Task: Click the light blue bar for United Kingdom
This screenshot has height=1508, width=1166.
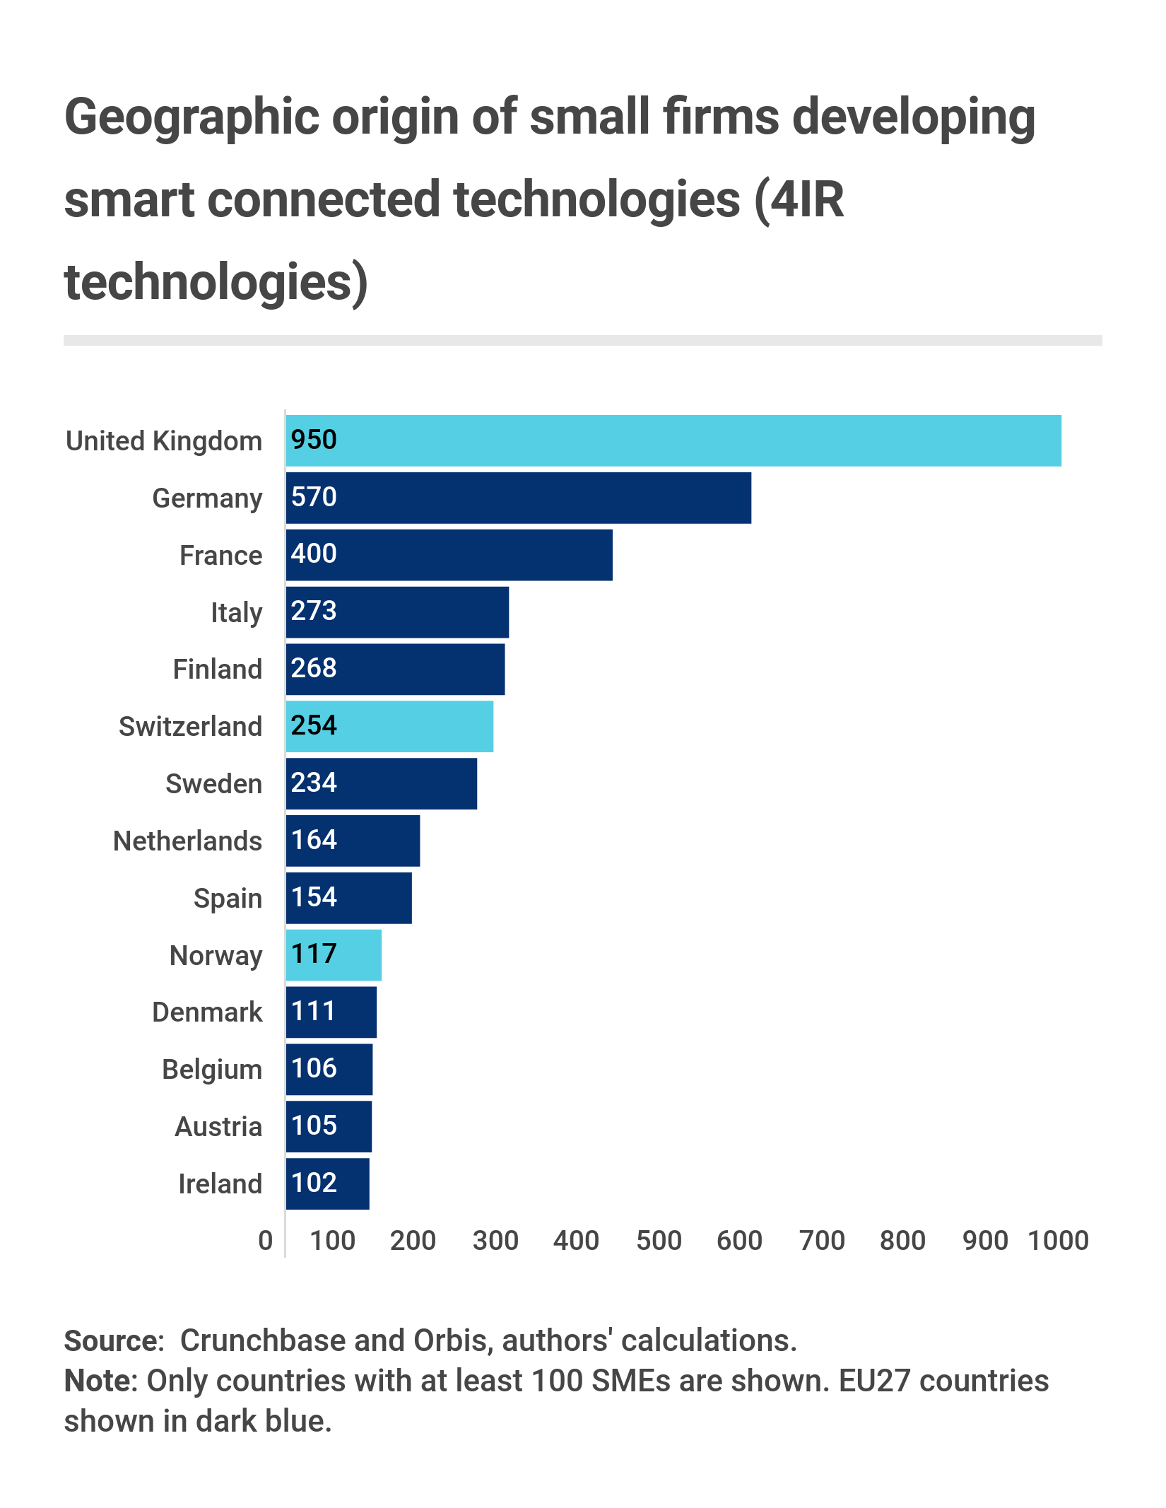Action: tap(673, 440)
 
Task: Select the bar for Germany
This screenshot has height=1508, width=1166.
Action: tap(518, 498)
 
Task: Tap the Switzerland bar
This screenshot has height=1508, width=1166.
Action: tap(389, 726)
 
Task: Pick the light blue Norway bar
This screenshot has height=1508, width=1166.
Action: tap(334, 954)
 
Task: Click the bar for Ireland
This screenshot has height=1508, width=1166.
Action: tap(327, 1183)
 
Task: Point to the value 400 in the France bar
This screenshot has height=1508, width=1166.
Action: tap(314, 554)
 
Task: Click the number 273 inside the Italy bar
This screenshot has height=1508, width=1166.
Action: tap(314, 611)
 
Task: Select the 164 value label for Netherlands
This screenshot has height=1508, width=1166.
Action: tap(314, 840)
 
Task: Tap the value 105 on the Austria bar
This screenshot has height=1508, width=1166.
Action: tap(314, 1126)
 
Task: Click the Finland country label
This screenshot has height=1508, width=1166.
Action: tap(218, 669)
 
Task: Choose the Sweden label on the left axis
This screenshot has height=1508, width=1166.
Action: tap(213, 783)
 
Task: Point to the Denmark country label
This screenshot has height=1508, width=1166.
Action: tap(207, 1012)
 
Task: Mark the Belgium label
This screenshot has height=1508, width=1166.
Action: tap(212, 1069)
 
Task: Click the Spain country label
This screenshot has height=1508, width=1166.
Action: tap(228, 898)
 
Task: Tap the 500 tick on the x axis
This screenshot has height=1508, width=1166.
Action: tap(659, 1241)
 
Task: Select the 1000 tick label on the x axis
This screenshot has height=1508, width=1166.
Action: tap(1058, 1241)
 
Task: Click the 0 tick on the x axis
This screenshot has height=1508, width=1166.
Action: tap(266, 1241)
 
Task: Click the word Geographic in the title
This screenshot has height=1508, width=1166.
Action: tap(192, 117)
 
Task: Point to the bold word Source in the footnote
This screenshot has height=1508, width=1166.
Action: tap(114, 1340)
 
